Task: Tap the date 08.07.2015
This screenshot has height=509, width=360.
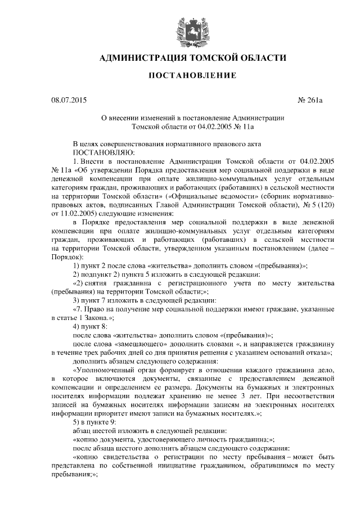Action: click(x=69, y=101)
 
